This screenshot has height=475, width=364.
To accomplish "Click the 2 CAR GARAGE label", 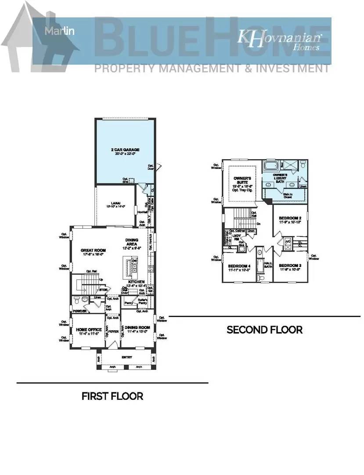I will point(125,150).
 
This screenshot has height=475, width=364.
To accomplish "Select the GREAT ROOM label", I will point(92,251).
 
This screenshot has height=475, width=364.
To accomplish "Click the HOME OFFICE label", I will point(89,329).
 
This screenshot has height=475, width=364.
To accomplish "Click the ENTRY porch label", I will point(127,357).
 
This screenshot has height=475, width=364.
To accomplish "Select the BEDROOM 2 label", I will point(290,218).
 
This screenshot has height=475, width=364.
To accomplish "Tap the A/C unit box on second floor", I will point(288,242).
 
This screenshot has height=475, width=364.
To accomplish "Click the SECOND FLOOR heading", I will point(264,329).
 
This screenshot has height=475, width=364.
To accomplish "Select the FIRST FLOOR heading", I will point(112,396).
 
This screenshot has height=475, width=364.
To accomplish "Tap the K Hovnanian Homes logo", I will point(279,40).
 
